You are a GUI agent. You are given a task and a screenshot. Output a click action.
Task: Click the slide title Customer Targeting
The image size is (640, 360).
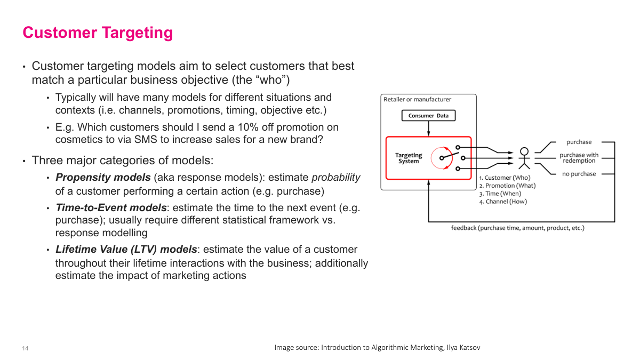(98, 33)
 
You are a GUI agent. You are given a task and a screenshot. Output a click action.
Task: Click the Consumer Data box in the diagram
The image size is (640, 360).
(428, 116)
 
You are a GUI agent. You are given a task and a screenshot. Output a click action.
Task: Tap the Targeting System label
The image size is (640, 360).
(409, 158)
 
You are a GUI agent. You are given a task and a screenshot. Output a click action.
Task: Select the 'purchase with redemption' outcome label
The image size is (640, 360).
(579, 158)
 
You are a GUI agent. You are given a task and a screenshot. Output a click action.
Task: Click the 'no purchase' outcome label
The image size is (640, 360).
(579, 174)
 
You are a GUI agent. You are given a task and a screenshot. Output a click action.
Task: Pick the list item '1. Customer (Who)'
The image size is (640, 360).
(505, 178)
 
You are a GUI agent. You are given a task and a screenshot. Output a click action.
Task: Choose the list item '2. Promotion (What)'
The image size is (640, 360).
(507, 186)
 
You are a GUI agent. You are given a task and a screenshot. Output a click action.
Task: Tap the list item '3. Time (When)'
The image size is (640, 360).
(500, 194)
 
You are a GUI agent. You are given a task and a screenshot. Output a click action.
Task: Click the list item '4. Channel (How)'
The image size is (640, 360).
(503, 202)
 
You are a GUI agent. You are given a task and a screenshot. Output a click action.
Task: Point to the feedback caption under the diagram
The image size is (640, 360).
(517, 228)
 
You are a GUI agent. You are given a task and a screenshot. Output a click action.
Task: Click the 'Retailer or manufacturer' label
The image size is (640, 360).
(417, 99)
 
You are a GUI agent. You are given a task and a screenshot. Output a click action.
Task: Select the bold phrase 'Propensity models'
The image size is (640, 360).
(103, 178)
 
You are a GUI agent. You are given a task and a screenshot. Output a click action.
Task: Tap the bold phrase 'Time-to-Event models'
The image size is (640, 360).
(111, 207)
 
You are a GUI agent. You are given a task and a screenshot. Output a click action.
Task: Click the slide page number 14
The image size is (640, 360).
(25, 348)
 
